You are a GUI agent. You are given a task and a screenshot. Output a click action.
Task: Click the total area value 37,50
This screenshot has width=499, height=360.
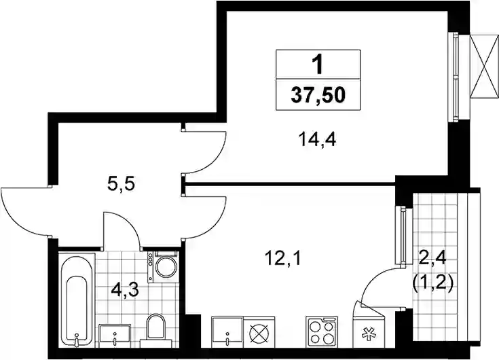coord(318,95)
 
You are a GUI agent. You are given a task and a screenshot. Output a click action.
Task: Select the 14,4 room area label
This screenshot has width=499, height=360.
coord(317,139)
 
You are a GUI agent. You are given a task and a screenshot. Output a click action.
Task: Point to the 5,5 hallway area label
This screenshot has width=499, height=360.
coord(122,183)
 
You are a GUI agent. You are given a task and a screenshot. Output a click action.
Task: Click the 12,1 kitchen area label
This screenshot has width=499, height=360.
coord(283,259)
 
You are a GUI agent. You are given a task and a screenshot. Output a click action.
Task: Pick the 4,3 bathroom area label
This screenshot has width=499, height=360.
coord(125,291)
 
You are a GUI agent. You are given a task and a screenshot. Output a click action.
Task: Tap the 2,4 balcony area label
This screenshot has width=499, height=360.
coord(432,259)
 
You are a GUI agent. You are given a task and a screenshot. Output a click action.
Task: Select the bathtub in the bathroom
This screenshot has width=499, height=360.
coord(77,300)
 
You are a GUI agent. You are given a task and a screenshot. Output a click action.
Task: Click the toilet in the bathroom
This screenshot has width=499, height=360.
coord(156,330)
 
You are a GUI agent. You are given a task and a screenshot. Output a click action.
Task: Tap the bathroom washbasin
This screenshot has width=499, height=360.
coord(115,336)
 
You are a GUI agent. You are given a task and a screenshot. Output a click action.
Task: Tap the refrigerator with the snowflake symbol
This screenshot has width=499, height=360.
coord(369,328)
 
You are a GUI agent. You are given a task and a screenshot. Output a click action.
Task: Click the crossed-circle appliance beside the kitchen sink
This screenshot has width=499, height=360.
coord(259,332)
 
